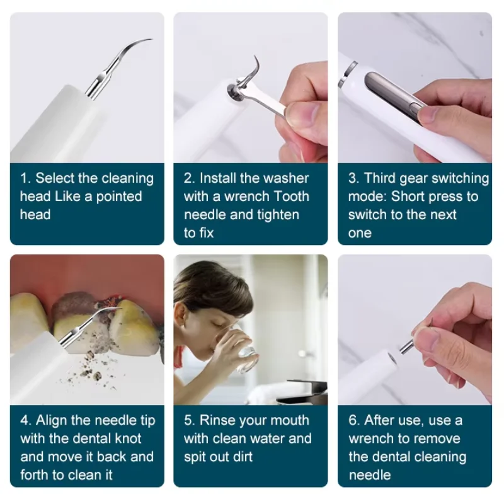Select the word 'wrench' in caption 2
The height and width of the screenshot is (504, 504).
click(x=247, y=197)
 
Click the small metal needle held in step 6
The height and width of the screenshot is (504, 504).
click(x=407, y=345)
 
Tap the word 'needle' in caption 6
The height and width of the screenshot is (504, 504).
click(x=370, y=475)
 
